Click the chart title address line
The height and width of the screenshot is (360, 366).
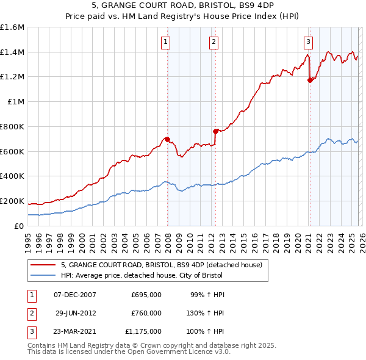[x=183, y=5]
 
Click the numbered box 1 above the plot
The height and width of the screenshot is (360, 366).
[x=166, y=42]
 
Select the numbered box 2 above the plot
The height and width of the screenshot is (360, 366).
[x=214, y=42]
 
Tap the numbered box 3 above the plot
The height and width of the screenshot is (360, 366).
[x=308, y=42]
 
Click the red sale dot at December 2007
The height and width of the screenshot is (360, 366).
[x=167, y=139]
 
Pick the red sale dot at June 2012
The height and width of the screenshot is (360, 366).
[x=215, y=131]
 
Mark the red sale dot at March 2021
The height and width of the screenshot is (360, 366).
[x=310, y=79]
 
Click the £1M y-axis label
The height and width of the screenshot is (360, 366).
[x=15, y=101]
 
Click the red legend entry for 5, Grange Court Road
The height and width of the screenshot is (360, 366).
[x=161, y=265]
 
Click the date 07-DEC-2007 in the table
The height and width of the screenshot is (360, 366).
[x=75, y=295]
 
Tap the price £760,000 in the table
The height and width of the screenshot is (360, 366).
[x=146, y=313]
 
